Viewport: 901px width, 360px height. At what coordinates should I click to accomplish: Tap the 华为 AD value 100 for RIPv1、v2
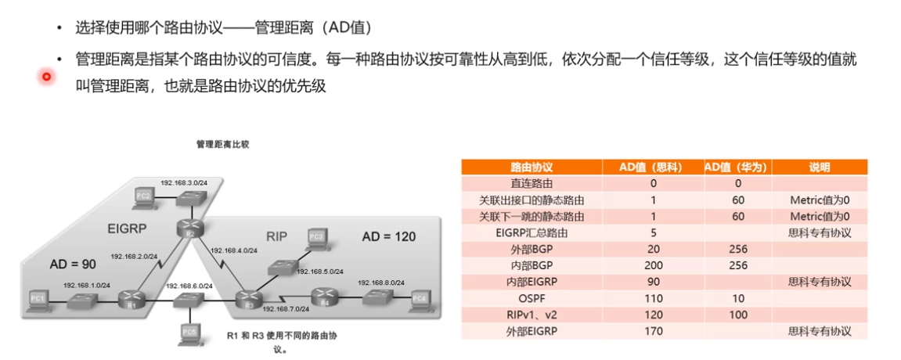(737, 314)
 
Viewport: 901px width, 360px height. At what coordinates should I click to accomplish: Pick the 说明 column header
(820, 167)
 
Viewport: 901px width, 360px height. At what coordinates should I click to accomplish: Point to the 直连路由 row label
(532, 184)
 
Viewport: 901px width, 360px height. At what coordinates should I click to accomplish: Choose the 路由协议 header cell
(532, 167)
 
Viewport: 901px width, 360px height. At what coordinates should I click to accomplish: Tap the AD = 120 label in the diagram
(388, 236)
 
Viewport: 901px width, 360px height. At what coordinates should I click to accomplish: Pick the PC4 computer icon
(420, 298)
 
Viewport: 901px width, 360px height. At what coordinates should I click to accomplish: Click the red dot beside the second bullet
(46, 76)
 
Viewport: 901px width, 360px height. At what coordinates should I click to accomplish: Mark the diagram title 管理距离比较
(222, 145)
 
